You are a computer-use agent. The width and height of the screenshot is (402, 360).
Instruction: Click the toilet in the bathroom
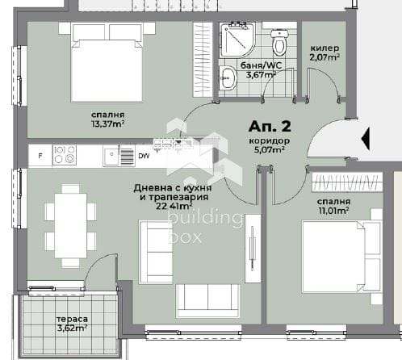(280, 43)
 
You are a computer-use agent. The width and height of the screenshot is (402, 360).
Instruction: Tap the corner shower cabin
(237, 40)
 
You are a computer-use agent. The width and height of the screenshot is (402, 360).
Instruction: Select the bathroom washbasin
(228, 78)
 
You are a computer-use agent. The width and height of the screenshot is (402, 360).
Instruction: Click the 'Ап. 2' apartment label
(270, 127)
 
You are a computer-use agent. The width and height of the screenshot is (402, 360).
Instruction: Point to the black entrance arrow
(366, 139)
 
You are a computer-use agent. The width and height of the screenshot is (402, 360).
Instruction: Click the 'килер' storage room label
(325, 48)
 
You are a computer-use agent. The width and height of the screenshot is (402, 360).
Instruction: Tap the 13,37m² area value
(107, 124)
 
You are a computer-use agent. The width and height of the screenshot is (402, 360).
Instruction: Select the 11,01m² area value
(333, 211)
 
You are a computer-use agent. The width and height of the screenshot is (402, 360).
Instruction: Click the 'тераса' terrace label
(72, 320)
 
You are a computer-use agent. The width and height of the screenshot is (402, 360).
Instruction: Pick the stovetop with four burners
(65, 155)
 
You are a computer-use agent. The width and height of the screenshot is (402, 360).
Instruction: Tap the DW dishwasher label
(144, 156)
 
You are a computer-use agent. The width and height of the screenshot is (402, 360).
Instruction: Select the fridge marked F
(40, 156)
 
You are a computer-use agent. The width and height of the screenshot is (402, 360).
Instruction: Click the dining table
(71, 225)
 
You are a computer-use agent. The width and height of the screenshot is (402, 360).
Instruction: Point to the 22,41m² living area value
(174, 206)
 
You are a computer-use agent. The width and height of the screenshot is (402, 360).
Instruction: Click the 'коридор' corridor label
(270, 140)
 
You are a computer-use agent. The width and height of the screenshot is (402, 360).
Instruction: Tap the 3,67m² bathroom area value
(261, 74)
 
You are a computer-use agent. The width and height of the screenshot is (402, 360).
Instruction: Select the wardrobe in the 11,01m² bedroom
(347, 182)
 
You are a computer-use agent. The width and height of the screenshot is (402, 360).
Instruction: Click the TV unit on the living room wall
(253, 249)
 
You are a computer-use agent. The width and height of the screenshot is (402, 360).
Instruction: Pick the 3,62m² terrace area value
(72, 329)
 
